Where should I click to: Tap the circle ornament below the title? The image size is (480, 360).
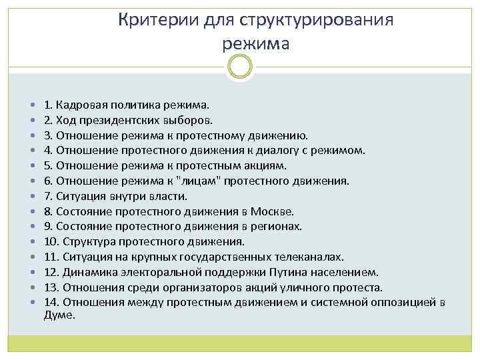(x=239, y=67)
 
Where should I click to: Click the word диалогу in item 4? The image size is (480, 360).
(x=291, y=151)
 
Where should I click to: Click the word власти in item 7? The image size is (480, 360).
(x=171, y=196)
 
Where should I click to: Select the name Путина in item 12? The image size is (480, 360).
(x=300, y=272)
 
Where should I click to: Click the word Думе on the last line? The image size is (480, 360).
(x=58, y=315)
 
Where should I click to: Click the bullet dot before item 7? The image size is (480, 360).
(x=33, y=197)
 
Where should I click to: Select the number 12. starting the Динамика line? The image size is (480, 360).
(x=51, y=272)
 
